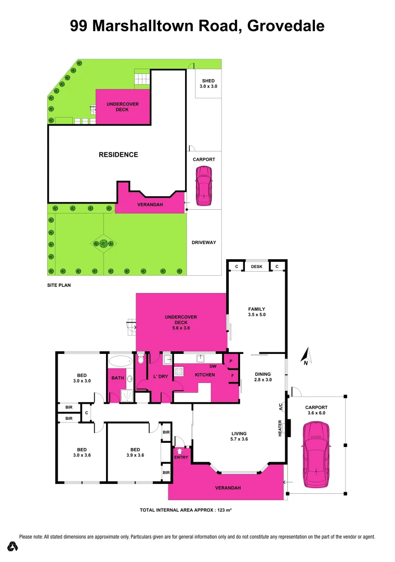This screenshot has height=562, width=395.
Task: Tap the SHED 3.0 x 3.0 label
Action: [208, 84]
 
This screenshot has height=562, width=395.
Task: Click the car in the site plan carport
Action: [204, 185]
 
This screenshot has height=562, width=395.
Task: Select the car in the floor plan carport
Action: [315, 454]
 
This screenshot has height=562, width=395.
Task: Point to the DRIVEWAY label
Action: [204, 242]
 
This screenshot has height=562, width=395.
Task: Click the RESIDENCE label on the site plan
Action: [118, 155]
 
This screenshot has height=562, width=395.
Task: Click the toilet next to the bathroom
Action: [141, 360]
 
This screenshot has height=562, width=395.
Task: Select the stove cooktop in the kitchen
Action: [178, 372]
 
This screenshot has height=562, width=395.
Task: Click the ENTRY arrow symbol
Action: [180, 451]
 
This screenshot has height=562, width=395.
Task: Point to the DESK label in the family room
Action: [256, 267]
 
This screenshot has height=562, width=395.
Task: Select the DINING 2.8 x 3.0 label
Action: [263, 377]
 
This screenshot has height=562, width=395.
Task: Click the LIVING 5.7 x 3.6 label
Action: [239, 436]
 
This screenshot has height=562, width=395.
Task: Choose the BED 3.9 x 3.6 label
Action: [134, 452]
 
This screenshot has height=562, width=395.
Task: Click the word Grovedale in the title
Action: [286, 25]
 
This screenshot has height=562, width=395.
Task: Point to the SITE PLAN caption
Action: [58, 285]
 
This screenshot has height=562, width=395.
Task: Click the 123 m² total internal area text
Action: [223, 510]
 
